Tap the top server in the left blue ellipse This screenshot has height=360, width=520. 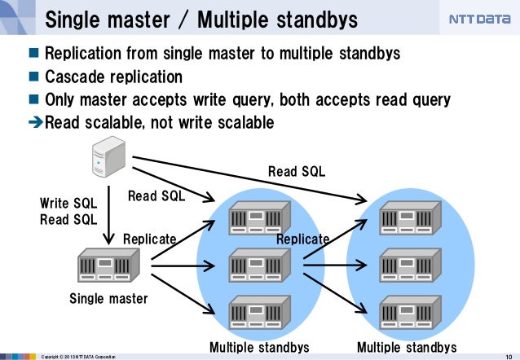[259, 217]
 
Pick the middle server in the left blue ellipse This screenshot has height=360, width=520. [259, 265]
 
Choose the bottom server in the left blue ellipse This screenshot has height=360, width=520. [259, 311]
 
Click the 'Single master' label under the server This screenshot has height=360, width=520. [108, 299]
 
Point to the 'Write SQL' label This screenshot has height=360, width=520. [68, 203]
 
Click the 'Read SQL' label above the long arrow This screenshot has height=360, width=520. [297, 171]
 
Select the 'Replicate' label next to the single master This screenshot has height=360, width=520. [149, 239]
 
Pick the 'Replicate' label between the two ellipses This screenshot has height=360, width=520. [302, 239]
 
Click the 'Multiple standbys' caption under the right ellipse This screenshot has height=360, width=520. [407, 348]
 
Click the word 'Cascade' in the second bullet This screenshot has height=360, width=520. [76, 77]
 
